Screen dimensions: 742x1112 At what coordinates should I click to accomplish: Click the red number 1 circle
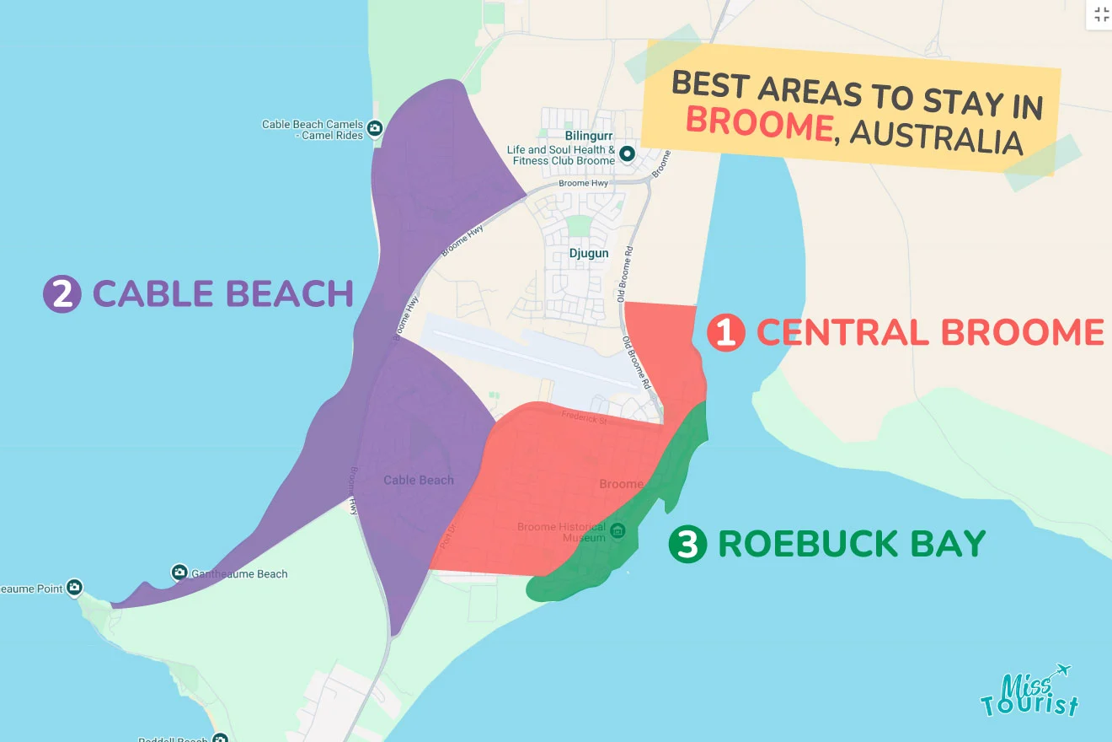coord(725,333)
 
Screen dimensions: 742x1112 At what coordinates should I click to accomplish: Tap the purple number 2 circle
coord(61,295)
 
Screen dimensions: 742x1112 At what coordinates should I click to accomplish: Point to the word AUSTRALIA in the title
coord(936,137)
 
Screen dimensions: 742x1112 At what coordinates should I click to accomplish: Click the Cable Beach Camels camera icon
coord(375,129)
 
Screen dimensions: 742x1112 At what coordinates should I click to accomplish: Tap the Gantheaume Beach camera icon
coord(179,573)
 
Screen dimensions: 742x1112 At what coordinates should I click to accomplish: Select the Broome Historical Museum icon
coord(617,531)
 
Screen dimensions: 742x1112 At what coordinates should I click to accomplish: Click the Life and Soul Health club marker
coord(627,154)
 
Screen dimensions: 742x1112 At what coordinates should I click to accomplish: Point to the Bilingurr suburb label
coord(588,135)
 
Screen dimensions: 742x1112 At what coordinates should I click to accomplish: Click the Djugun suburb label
coord(588,253)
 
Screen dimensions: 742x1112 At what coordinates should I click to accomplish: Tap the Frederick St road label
coord(584,416)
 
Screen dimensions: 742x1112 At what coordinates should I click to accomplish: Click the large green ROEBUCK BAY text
coord(851,545)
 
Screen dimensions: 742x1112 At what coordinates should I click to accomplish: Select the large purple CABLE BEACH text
coord(222,294)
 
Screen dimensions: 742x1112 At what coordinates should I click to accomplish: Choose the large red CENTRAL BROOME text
coord(929,332)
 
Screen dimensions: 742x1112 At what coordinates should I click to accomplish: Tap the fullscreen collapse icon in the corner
coord(1101,14)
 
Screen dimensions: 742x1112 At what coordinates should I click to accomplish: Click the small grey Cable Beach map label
coord(418,480)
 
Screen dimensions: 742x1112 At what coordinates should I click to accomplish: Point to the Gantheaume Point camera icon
coord(74,587)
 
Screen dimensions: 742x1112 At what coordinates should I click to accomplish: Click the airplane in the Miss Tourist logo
coord(1061,670)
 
